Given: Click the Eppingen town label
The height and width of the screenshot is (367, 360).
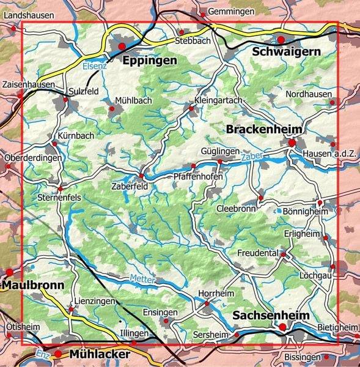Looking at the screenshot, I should point(149,60).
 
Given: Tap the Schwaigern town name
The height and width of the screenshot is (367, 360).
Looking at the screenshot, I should point(286,52).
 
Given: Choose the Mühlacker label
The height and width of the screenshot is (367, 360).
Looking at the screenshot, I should point(100,355).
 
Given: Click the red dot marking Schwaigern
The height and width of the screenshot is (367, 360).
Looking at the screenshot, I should point(281,40).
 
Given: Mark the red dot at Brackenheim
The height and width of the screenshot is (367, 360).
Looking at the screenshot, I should point(292,143).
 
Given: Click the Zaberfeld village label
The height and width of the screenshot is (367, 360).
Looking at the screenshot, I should point(129,187).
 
